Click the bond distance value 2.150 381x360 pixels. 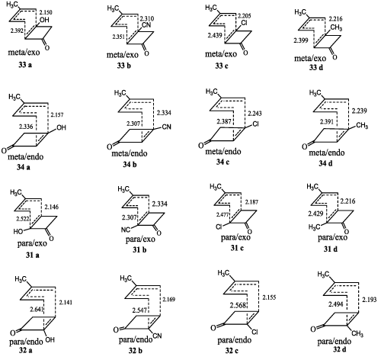coord(46,12)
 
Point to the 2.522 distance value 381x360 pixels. coord(23,219)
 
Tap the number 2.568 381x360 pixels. coord(239,305)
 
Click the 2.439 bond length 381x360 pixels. coord(215,35)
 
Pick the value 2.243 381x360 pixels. coord(255,113)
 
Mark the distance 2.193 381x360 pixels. coord(369,300)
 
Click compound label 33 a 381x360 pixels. coord(25,65)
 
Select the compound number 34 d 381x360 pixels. coord(325,163)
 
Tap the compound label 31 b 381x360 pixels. coord(139,249)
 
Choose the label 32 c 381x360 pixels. coord(232,351)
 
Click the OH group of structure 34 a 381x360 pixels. coord(61,127)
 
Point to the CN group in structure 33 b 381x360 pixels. coord(146,25)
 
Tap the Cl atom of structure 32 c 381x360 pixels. coord(255,332)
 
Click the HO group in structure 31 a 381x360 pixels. coord(18,231)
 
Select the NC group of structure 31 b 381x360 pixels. coord(126,230)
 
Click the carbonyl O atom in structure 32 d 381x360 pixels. coord(313,329)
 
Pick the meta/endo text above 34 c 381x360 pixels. coord(223,152)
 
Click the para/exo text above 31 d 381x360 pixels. coord(332,237)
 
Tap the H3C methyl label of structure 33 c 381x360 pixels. coord(211,8)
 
